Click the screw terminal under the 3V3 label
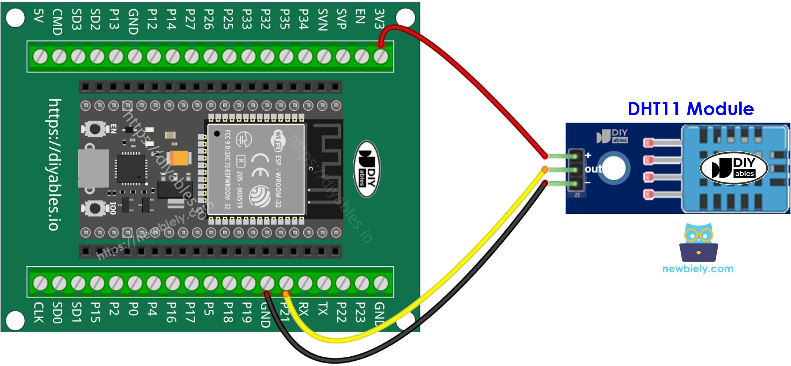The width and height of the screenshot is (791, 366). coord(381,57)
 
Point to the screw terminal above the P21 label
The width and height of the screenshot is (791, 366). coord(286,283)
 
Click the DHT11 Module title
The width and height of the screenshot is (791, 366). coord(691,109)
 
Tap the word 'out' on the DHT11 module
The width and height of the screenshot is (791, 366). coord(593,169)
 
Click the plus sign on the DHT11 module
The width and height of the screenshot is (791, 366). coord(588,155)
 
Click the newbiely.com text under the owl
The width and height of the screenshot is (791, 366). coord(698,268)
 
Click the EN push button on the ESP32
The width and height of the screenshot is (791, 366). coord(95,129)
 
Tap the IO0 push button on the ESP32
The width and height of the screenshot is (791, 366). coord(95,208)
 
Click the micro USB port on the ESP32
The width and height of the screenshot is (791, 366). coord(93,168)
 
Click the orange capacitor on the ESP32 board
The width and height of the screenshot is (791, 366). coord(180,158)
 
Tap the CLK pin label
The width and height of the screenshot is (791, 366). coord(39,312)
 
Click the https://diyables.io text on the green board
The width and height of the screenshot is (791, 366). coord(54,165)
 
